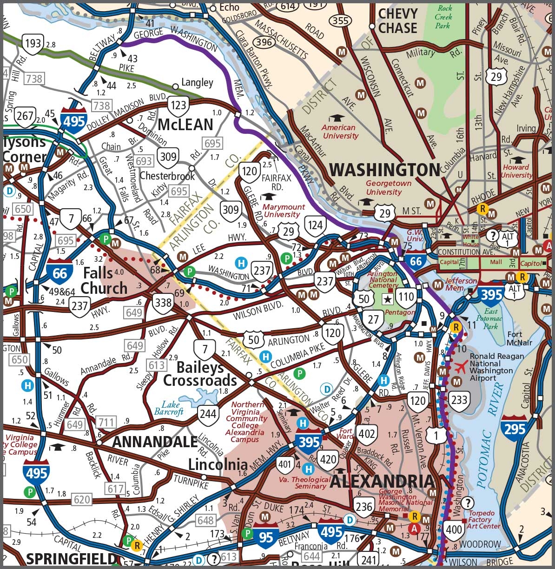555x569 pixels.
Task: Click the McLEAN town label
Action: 185,125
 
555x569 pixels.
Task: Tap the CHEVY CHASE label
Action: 397,21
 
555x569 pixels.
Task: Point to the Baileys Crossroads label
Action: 200,374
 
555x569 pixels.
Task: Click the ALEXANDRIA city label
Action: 382,481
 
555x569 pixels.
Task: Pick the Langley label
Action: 197,83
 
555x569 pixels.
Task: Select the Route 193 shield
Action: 33,44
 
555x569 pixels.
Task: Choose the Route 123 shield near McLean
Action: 178,106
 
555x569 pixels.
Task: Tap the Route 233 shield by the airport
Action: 459,399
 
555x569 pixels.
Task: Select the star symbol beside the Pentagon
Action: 387,299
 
